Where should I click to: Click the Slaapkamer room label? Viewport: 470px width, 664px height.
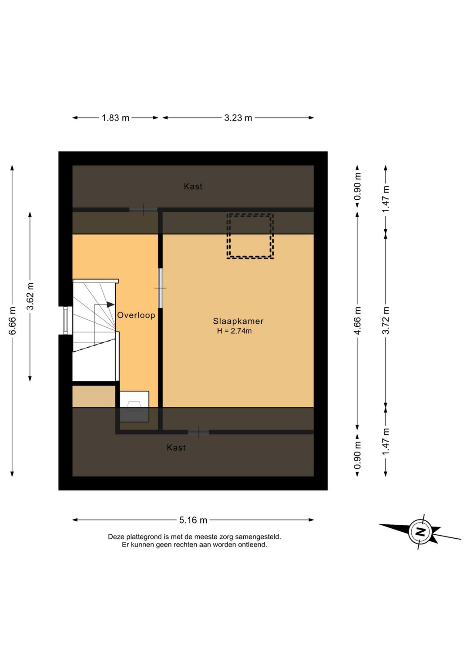point(238,321)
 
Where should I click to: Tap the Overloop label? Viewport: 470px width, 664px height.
point(136,315)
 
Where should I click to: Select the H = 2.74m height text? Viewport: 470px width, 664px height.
point(234,331)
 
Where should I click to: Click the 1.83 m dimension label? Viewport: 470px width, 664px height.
point(115,118)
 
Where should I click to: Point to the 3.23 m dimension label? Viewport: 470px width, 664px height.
point(238,118)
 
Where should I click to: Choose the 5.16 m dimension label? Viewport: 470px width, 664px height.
point(193,520)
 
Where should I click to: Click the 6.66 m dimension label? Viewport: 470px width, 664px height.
point(13,321)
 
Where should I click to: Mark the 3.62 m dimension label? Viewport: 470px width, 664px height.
point(30,296)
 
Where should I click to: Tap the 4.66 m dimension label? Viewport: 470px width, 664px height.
point(358,321)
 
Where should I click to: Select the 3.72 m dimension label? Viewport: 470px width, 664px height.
point(386,320)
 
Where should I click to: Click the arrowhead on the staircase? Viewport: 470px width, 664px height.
point(110,305)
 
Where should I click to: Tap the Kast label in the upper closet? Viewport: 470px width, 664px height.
point(193,187)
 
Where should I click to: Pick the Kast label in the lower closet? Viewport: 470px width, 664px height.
point(176,448)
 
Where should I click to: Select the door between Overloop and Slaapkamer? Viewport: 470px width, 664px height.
point(161,288)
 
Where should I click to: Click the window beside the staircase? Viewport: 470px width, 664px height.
point(65,320)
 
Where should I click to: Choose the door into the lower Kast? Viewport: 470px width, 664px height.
point(198,432)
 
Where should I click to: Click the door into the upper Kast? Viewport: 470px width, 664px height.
point(144,210)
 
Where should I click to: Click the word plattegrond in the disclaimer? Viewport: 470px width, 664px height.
point(141,537)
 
